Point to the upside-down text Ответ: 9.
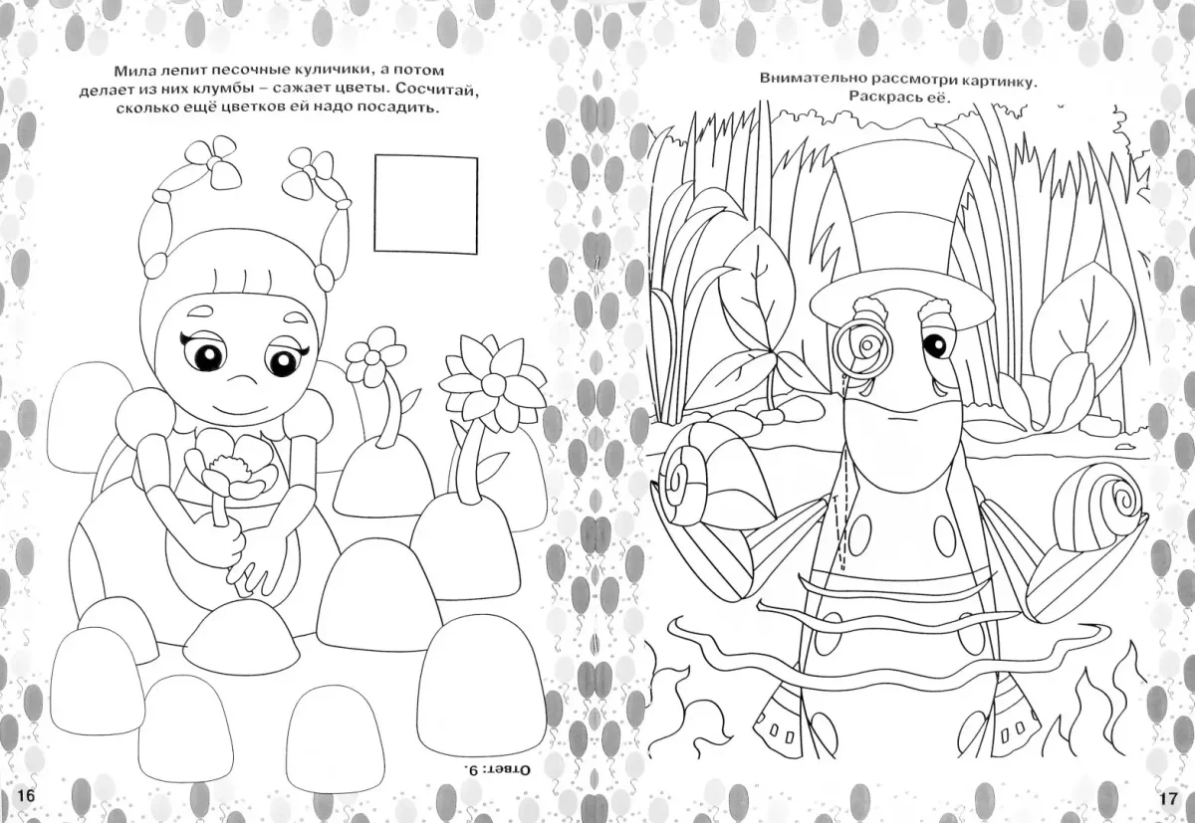494,769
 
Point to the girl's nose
242,379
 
